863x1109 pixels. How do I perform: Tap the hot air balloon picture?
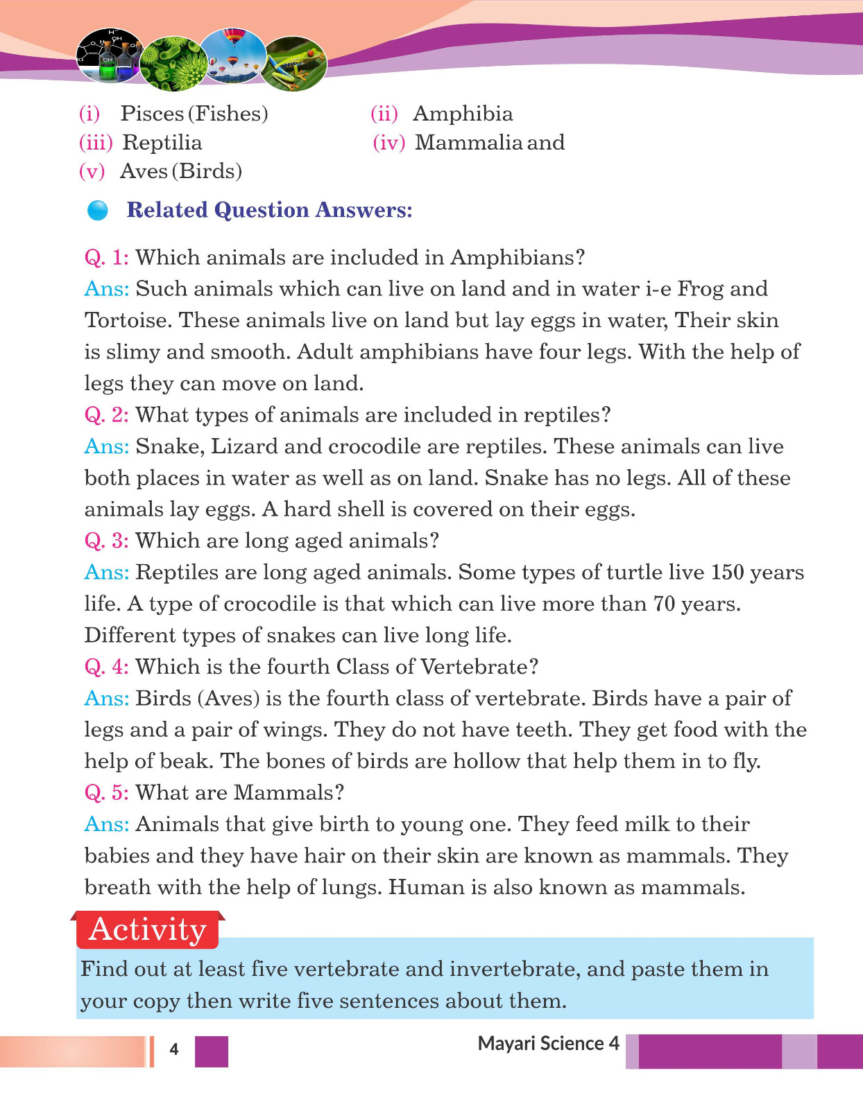click(234, 55)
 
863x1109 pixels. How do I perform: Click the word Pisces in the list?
click(152, 114)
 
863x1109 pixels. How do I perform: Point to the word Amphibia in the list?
click(463, 114)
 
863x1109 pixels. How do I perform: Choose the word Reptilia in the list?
click(162, 143)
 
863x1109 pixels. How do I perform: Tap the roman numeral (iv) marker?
click(388, 143)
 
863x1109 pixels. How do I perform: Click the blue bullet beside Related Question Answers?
click(98, 210)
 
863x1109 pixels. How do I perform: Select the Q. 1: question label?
click(106, 258)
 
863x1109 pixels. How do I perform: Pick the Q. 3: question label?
click(106, 541)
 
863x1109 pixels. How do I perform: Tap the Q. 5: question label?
click(106, 792)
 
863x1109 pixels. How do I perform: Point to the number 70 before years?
click(664, 604)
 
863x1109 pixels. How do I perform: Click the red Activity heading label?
click(148, 929)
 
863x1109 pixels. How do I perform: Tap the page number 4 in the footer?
click(174, 1049)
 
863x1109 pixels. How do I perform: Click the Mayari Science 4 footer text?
click(548, 1044)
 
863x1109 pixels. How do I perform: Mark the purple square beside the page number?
click(212, 1051)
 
